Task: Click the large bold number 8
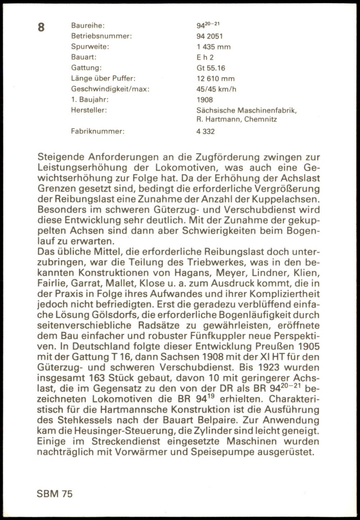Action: (41, 27)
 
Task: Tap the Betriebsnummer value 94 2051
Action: (209, 36)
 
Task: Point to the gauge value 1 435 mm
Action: (213, 47)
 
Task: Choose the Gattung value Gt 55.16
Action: (211, 68)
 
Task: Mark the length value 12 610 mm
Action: (216, 79)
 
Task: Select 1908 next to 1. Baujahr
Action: (205, 99)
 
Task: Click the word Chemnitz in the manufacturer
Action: (261, 119)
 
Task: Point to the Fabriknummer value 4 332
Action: (206, 131)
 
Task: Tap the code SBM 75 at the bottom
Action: (54, 494)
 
